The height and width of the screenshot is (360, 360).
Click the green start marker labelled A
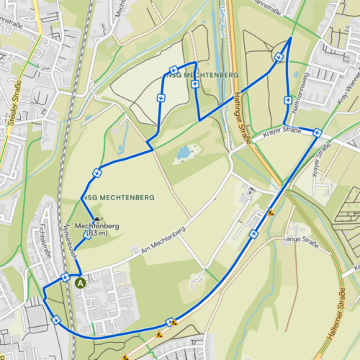click(80, 284)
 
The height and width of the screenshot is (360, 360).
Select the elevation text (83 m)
click(96, 233)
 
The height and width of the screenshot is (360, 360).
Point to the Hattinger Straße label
click(243, 119)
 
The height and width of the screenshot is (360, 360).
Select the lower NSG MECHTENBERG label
click(108, 197)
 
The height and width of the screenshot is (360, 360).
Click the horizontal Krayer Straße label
click(281, 130)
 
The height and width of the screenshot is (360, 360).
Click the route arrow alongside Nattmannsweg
click(288, 100)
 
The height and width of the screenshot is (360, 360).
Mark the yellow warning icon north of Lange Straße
click(271, 212)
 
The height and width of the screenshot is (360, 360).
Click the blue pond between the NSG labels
click(184, 153)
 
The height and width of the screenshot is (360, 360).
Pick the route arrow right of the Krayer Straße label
click(316, 132)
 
